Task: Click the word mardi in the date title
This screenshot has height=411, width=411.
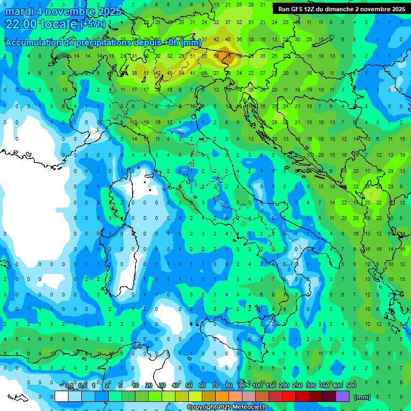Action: pos(17,11)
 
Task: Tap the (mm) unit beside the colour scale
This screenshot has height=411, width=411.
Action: pos(362,397)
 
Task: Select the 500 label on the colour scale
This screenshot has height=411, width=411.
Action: pos(351,385)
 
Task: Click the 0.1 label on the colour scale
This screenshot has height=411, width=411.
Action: pos(68,385)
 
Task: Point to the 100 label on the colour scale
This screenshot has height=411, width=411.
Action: pos(257,385)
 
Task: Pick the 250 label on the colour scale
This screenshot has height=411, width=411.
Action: pos(298,385)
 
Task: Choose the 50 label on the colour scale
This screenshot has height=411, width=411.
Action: pos(189,385)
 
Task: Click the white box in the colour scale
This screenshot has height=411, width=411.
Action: pos(62,397)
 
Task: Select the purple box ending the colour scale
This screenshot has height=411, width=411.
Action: pos(342,397)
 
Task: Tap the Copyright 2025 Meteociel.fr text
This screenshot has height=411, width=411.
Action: pos(227,407)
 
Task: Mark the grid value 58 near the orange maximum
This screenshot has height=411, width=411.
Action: pos(217,56)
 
